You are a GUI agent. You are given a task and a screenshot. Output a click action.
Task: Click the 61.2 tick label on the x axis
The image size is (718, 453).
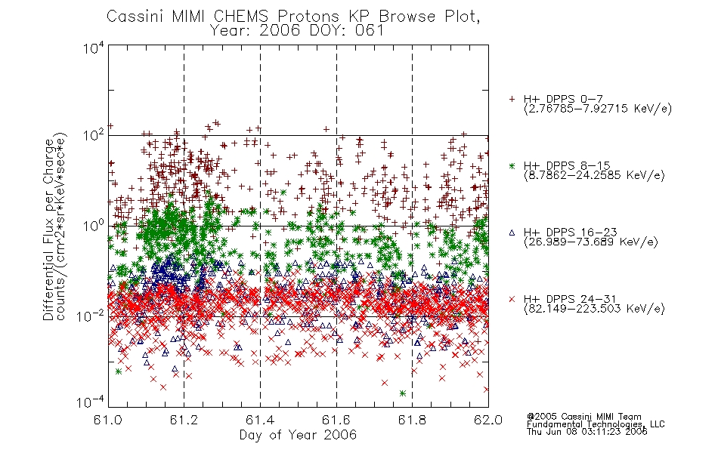(x=184, y=420)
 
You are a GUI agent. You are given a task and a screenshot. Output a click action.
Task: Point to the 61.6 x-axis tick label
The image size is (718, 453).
(x=336, y=420)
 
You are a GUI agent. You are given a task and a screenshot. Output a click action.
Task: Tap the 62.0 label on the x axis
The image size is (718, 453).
(x=488, y=420)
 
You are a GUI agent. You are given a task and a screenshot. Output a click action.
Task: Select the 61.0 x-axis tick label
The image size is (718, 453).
(x=108, y=420)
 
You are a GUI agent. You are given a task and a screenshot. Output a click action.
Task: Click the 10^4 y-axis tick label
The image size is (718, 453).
(x=94, y=48)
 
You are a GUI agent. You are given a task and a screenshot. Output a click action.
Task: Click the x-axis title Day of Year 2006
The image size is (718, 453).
(x=298, y=435)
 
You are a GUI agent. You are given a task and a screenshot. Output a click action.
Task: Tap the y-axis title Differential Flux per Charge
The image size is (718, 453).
(x=48, y=230)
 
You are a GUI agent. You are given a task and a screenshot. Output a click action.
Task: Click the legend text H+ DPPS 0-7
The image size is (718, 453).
(x=563, y=99)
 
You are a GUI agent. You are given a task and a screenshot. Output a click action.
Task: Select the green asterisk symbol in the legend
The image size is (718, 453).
(x=512, y=166)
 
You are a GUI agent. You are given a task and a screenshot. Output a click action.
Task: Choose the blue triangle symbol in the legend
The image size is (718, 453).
(x=512, y=233)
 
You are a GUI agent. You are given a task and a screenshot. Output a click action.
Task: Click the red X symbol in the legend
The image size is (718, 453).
(x=512, y=299)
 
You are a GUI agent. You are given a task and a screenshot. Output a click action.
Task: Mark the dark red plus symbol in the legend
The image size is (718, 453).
(x=512, y=99)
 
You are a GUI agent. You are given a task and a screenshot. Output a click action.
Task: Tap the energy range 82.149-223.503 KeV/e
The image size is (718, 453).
(x=594, y=309)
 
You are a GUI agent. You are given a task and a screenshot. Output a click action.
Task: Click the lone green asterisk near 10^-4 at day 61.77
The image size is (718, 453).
(x=403, y=393)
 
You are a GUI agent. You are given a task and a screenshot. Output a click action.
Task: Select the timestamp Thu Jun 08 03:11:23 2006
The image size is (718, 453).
(x=587, y=432)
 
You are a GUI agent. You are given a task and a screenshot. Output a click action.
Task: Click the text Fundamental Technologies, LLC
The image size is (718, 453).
(x=596, y=424)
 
